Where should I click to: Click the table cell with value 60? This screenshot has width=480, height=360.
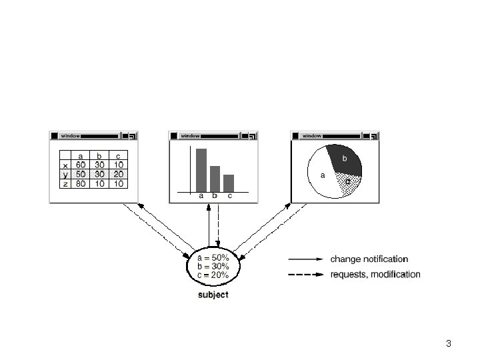(81, 165)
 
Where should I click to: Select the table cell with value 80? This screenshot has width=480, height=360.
(81, 184)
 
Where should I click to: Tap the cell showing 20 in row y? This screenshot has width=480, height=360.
(119, 174)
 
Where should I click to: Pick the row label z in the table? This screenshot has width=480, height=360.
(65, 184)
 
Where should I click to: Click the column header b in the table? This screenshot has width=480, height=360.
(99, 155)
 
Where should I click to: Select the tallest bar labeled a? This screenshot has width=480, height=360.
(201, 170)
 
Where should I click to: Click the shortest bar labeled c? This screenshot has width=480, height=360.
(229, 183)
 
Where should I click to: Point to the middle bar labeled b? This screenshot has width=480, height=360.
(215, 179)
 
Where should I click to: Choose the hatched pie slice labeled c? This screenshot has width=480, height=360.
(349, 184)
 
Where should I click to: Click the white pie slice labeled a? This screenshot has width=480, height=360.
(321, 175)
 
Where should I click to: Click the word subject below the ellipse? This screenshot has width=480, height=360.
(213, 295)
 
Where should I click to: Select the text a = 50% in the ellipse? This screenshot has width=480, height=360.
(213, 257)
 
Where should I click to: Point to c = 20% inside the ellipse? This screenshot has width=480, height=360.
(213, 275)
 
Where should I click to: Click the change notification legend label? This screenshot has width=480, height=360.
(369, 259)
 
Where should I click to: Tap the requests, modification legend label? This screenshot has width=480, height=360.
(375, 274)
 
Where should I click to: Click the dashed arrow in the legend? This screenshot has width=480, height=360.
(306, 275)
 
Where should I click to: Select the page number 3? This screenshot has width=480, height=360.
(449, 343)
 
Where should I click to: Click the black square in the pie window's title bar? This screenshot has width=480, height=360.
(295, 135)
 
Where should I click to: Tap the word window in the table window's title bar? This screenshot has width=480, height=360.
(70, 135)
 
